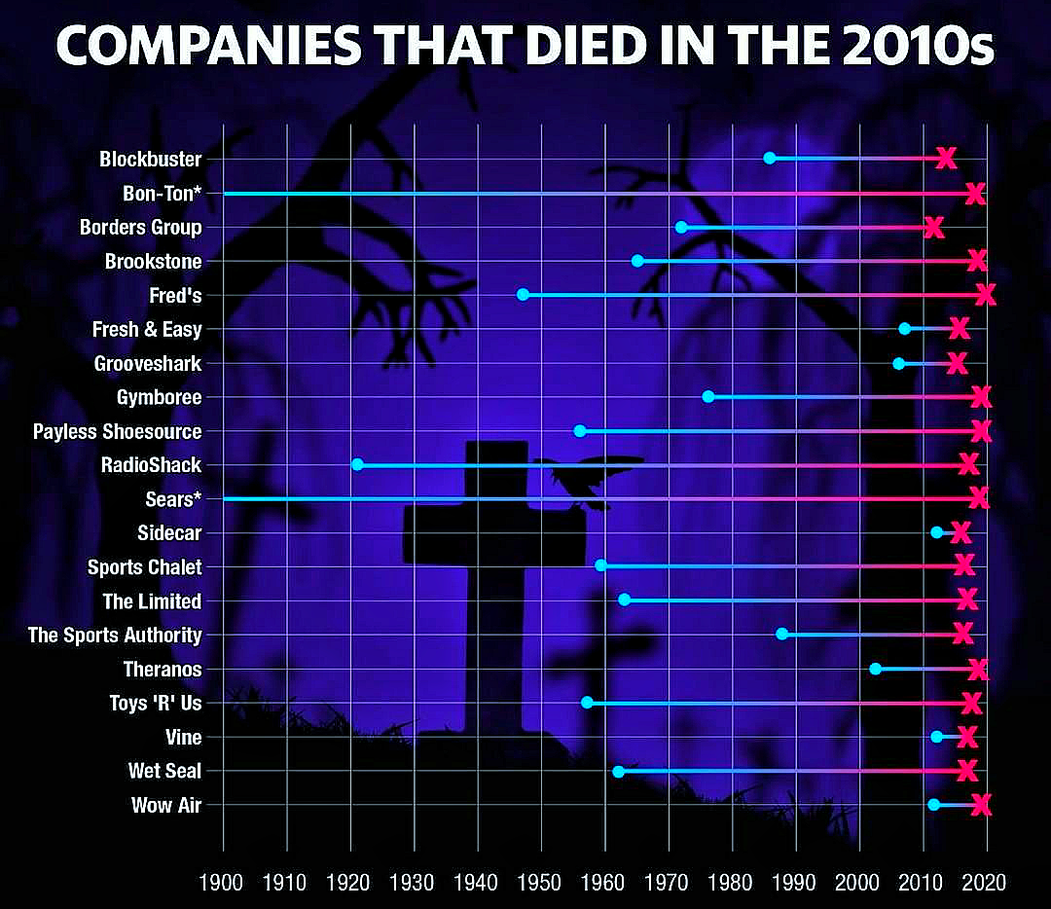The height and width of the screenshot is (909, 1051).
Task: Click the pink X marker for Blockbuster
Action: pos(945,158)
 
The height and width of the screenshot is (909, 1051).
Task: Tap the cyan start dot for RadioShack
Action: pos(357,464)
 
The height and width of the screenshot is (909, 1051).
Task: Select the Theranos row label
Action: pos(163,670)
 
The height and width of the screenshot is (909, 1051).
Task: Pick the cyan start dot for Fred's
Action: pos(523,294)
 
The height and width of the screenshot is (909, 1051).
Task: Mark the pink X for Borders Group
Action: pos(933,228)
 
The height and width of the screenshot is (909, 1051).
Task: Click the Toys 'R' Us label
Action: pos(156,703)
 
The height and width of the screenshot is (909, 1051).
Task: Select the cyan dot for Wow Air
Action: pos(933,805)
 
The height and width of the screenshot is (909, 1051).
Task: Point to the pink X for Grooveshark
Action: pos(957,363)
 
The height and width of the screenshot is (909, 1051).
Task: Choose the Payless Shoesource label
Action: pos(117,431)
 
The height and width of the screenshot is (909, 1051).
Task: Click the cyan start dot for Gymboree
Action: pos(707,397)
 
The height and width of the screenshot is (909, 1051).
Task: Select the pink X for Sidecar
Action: pos(960,532)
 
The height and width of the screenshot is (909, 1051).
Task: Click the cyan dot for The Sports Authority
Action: pos(781,634)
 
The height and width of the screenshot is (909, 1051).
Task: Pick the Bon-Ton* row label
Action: pos(162,194)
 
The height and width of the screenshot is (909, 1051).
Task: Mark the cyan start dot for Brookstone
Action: pos(637,261)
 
